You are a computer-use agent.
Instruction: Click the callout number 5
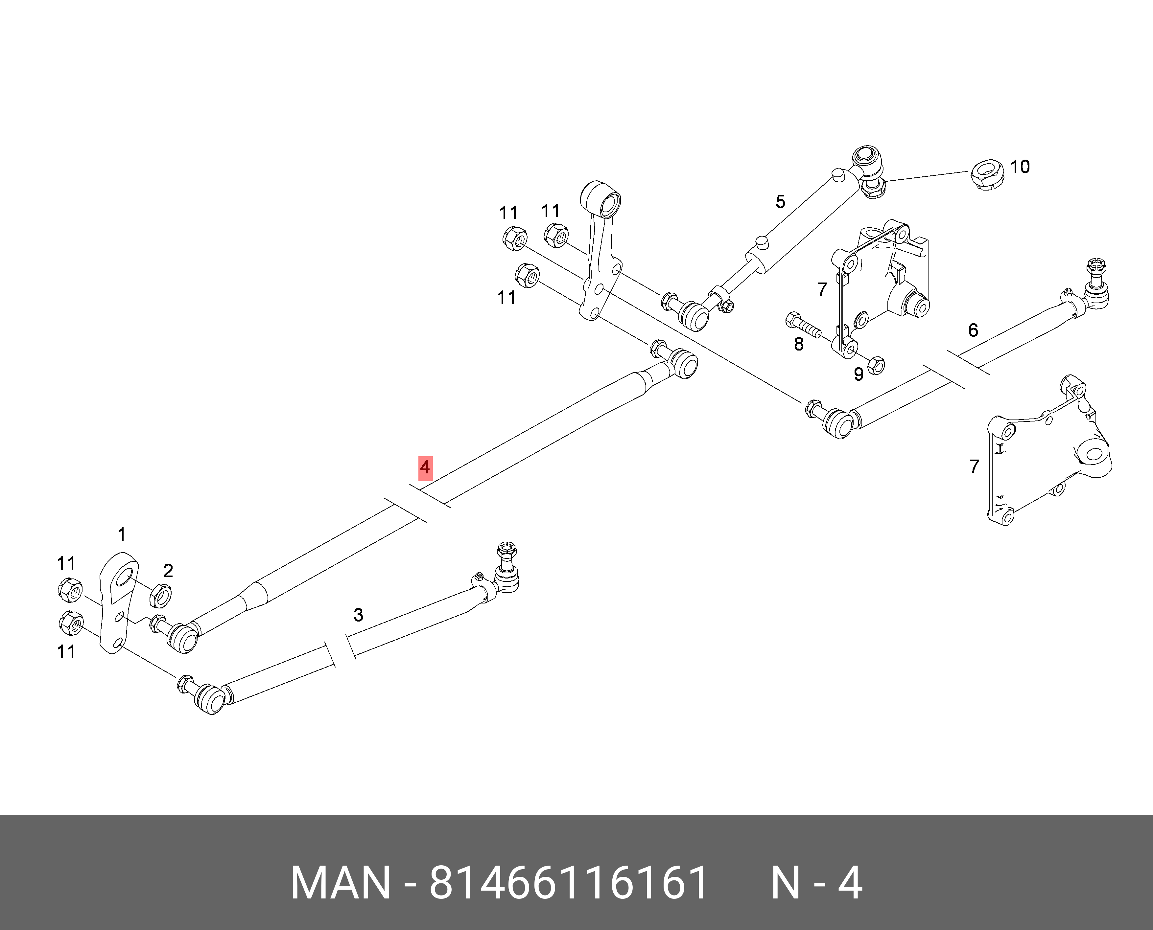tap(781, 202)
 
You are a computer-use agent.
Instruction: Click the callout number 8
tap(799, 344)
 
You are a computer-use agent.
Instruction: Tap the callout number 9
tap(859, 374)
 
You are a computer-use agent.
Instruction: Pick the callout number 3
tap(359, 615)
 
